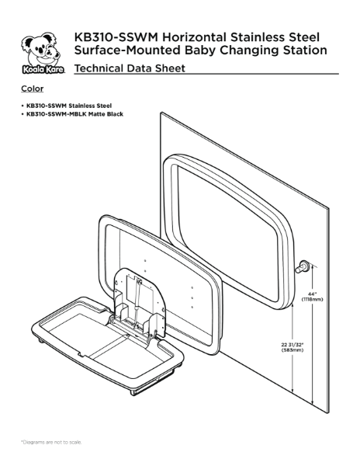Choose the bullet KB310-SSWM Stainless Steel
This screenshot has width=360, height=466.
64,105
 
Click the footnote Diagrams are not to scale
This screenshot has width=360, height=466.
51,442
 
